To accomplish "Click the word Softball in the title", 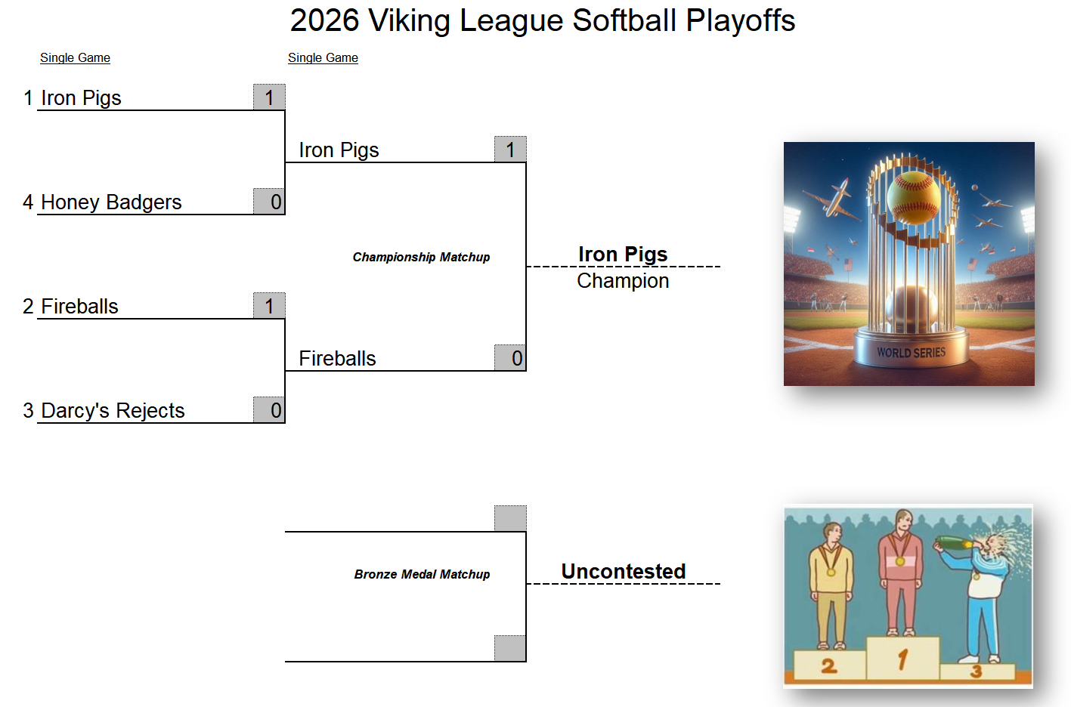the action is point(624,20).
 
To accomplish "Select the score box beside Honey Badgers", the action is point(269,201).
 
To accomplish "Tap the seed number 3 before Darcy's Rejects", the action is point(28,410).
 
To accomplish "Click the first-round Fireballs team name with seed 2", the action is point(79,306).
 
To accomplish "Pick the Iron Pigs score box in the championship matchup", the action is point(510,149).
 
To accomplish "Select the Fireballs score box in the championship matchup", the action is point(510,358).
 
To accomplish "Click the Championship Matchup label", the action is point(421,257).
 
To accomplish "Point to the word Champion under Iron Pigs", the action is point(623,281).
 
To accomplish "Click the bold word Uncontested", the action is point(624,571).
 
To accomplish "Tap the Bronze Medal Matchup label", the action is point(423,574).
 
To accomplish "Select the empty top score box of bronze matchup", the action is point(510,518).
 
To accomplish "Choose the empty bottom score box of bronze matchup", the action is point(510,648).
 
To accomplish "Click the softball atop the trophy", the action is point(913,197).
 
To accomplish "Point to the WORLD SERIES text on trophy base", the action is point(911,353).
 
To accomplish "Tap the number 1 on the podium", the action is point(902,659).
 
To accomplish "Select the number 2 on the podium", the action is point(829,665).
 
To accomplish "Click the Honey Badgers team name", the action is point(111,202).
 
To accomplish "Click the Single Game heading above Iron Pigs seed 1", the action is point(75,58).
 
